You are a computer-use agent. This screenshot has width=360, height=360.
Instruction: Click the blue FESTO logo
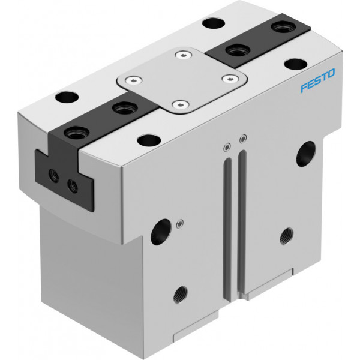click(x=318, y=80)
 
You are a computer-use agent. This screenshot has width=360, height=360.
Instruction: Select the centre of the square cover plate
click(x=182, y=80)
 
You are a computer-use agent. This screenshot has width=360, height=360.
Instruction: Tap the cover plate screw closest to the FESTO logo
click(x=230, y=79)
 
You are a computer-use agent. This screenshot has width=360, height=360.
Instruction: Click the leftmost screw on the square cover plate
click(x=133, y=80)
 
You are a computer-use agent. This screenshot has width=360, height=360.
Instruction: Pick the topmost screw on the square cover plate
click(x=184, y=55)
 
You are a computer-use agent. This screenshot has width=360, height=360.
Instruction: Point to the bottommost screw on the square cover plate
click(x=181, y=105)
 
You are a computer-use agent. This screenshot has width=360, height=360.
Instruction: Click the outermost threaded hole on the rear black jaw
click(x=283, y=26)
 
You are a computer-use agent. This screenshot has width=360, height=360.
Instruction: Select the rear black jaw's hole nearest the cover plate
click(x=238, y=50)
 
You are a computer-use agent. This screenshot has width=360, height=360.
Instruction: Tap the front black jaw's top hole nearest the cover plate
click(x=125, y=108)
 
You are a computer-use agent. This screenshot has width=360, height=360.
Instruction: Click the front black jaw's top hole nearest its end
click(x=76, y=133)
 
